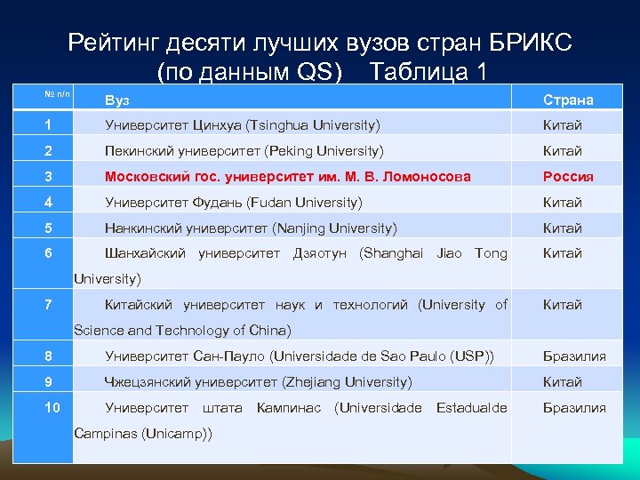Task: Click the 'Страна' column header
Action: click(569, 100)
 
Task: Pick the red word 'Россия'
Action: click(569, 176)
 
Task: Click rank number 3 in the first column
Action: click(50, 176)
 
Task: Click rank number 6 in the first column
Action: click(50, 253)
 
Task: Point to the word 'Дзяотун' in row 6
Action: click(319, 253)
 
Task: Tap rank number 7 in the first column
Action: click(50, 305)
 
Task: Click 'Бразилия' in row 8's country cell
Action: click(575, 356)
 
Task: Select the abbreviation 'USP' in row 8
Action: click(468, 356)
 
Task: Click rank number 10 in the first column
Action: click(53, 407)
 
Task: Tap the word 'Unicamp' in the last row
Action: click(177, 433)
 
